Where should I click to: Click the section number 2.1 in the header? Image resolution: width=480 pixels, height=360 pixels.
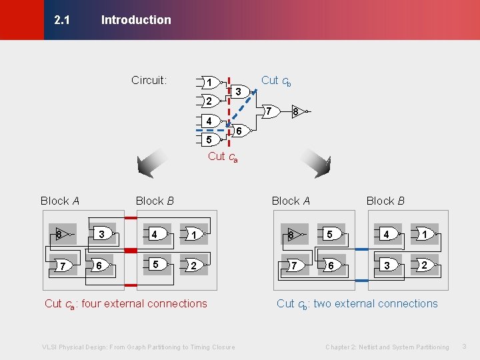[61, 20]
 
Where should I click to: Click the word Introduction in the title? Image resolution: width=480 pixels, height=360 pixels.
[136, 20]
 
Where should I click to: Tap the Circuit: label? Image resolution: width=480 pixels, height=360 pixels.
[149, 81]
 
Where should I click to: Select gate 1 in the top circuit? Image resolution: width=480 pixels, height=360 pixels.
[210, 83]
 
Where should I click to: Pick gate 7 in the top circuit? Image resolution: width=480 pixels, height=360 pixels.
[268, 111]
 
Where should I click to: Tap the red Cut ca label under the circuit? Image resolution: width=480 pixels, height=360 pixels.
[223, 157]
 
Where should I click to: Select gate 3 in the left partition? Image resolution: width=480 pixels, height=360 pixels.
[102, 234]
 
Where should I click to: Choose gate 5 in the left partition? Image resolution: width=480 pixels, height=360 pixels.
[156, 265]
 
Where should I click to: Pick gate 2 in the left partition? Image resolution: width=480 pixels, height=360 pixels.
[193, 265]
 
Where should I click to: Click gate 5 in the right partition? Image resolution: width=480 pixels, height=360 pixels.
[330, 234]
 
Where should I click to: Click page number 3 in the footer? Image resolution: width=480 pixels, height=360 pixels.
[465, 347]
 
